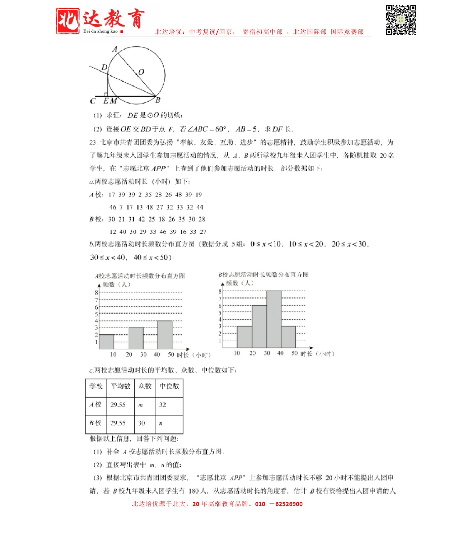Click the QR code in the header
point(401,20)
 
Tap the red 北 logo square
point(68,21)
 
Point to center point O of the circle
point(136,74)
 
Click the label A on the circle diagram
point(115,49)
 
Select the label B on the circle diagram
point(158,100)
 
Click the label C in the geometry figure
point(93,101)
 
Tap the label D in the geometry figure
point(104,67)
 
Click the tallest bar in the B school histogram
point(274,319)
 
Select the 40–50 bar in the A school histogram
point(165,335)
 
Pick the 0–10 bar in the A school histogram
point(106,342)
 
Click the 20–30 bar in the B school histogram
point(259,326)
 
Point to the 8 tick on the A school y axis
point(96,293)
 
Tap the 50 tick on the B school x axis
point(294,353)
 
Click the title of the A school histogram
point(140,276)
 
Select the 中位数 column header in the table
point(169,386)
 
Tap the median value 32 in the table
point(163,405)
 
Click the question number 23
point(93,143)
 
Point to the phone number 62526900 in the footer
point(289,504)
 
